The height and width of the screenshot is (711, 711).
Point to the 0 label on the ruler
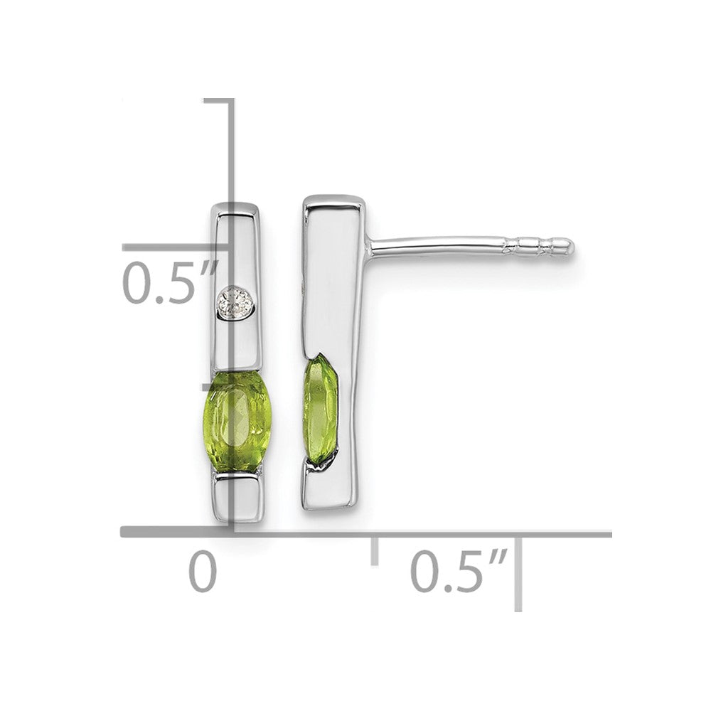pos(203,571)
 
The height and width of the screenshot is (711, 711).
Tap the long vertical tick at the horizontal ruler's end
pos(518,574)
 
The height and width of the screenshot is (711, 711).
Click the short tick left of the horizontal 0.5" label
pos(375,551)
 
